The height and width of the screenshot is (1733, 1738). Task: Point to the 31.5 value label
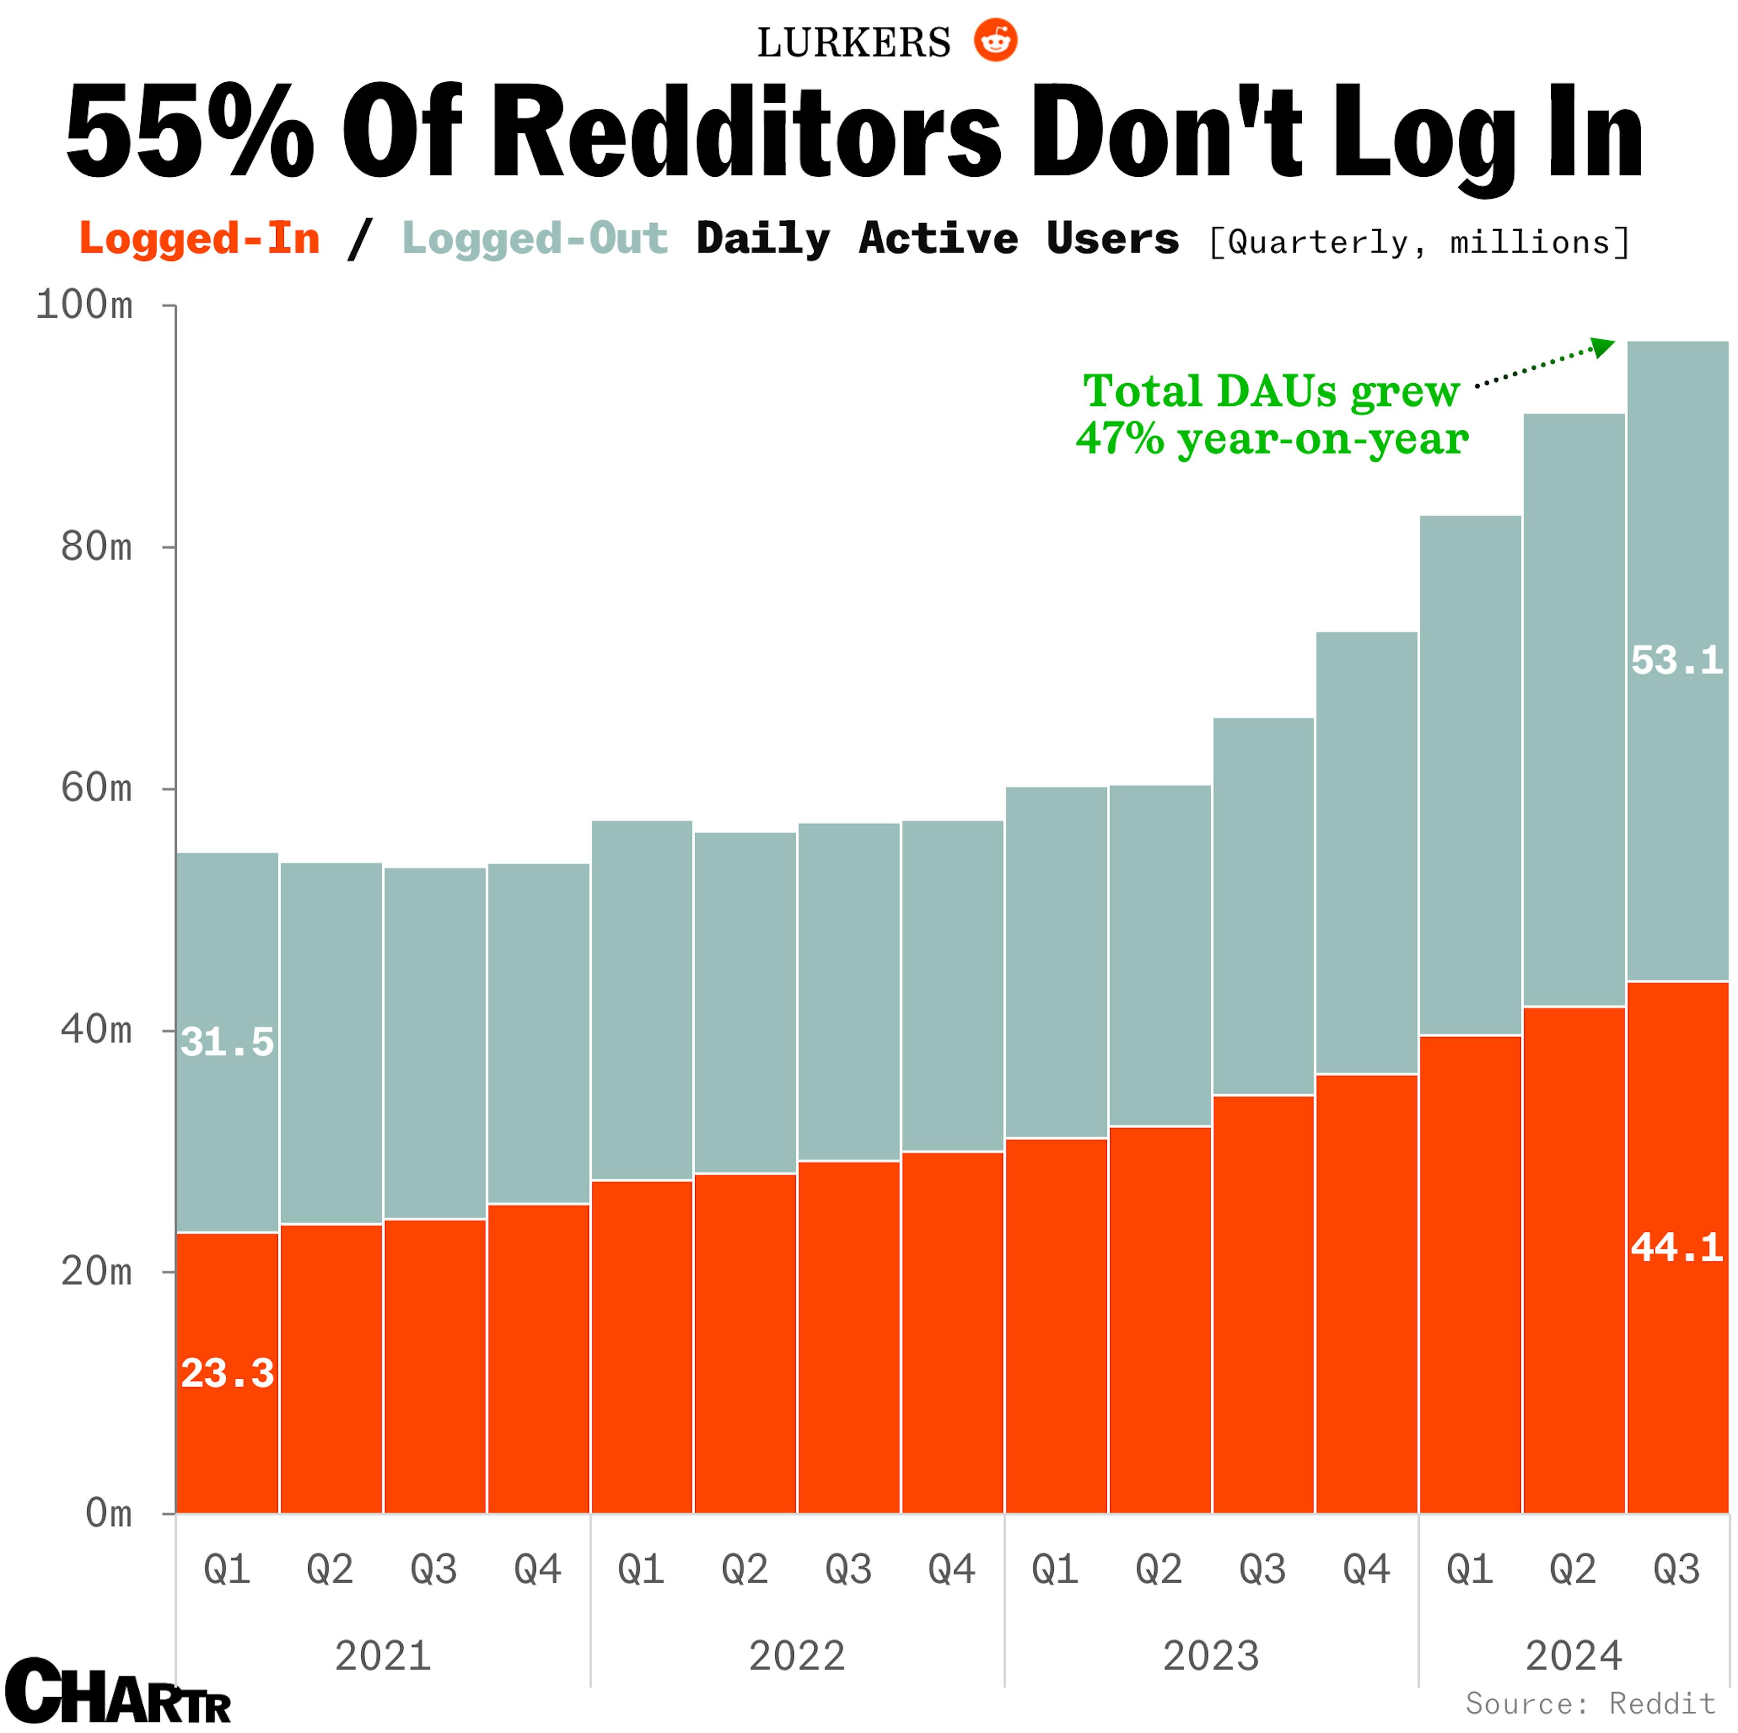point(227,1042)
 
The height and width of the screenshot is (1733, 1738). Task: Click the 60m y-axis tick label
point(96,789)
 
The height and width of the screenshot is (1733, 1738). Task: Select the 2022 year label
point(797,1656)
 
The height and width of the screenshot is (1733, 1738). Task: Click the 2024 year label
point(1573,1656)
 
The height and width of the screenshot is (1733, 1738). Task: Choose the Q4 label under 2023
point(1366,1569)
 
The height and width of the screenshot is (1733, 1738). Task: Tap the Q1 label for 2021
point(227,1569)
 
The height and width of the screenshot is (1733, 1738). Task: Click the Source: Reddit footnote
point(1590,1703)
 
